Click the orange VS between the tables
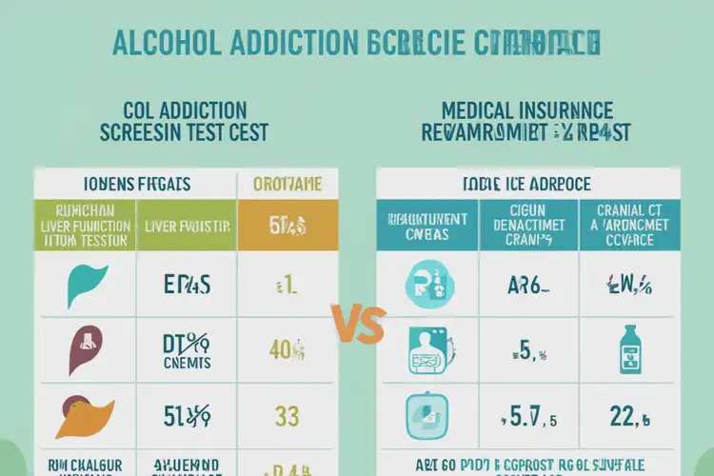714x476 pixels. pyautogui.click(x=359, y=326)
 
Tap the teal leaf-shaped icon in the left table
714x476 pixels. pyautogui.click(x=88, y=283)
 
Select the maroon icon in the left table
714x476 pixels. pyautogui.click(x=86, y=349)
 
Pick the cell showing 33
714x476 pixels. pyautogui.click(x=287, y=416)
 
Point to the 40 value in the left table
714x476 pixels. pyautogui.click(x=286, y=350)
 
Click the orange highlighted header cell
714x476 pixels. pyautogui.click(x=287, y=226)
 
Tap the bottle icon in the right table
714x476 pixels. pyautogui.click(x=629, y=349)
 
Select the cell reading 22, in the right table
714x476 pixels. pyautogui.click(x=629, y=416)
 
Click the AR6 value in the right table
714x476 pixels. pyautogui.click(x=527, y=284)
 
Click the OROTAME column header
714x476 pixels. pyautogui.click(x=287, y=184)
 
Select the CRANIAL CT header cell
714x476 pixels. pyautogui.click(x=629, y=226)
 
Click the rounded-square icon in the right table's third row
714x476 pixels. pyautogui.click(x=425, y=416)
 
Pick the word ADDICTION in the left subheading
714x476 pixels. pyautogui.click(x=194, y=109)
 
